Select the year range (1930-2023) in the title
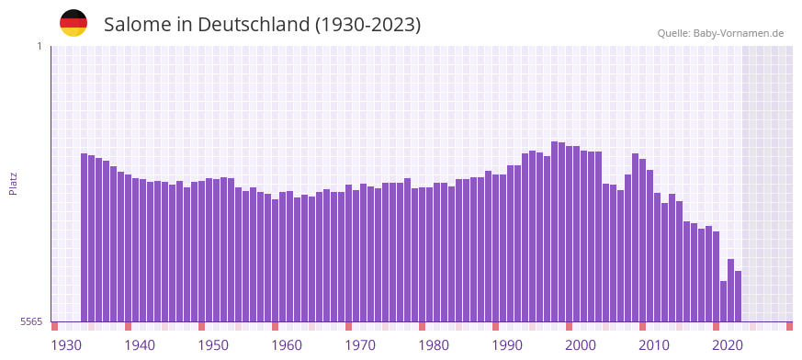(x=367, y=25)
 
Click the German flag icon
(x=73, y=23)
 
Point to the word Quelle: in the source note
(x=673, y=33)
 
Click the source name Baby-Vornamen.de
(x=739, y=33)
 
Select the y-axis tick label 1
(x=39, y=46)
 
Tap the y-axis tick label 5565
(x=31, y=321)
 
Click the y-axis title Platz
(x=13, y=184)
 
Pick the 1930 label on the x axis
(x=66, y=345)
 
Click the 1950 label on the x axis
(x=213, y=345)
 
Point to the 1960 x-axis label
(x=287, y=345)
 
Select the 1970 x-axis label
(x=360, y=345)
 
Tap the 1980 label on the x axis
(x=434, y=345)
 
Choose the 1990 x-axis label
(x=507, y=345)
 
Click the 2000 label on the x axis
(x=581, y=345)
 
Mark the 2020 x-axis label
(x=728, y=345)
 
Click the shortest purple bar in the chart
(x=723, y=301)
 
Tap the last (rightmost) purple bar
(x=738, y=296)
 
